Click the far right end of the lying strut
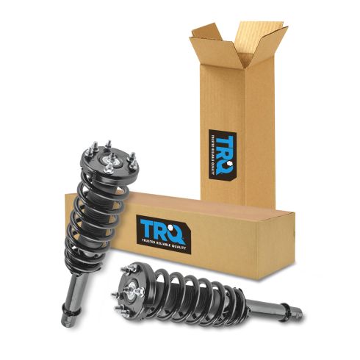click(x=300, y=314)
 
